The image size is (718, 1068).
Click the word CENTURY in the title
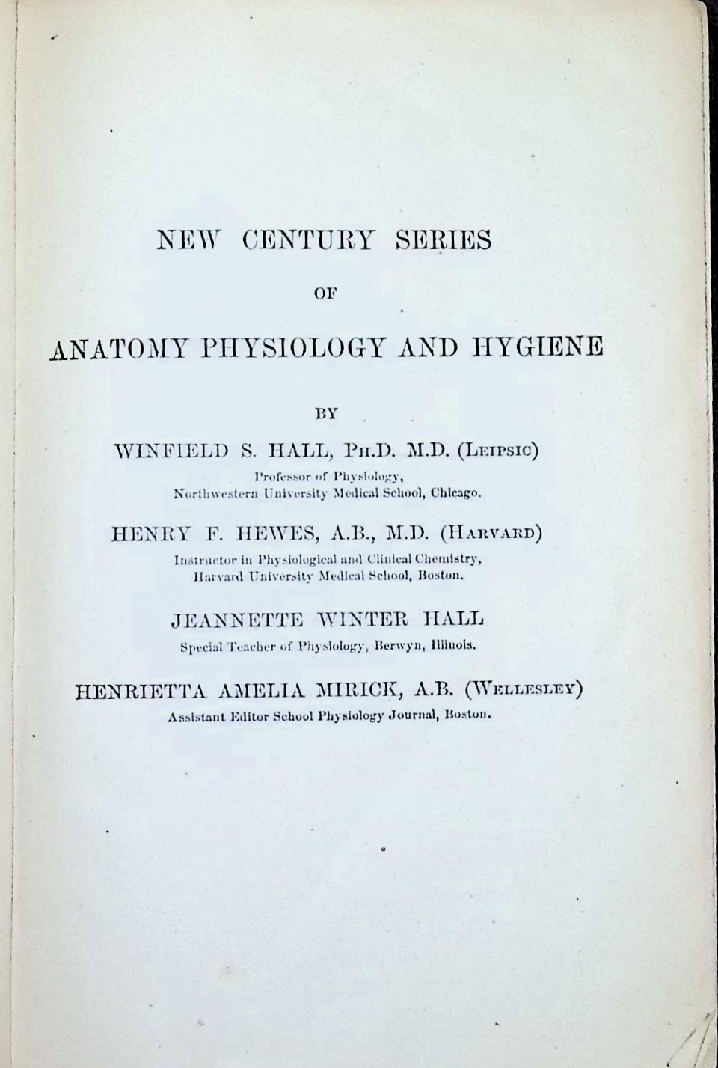tap(307, 239)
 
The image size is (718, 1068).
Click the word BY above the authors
tap(327, 412)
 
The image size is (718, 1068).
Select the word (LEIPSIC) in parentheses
tap(498, 451)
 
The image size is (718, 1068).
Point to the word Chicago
tap(456, 493)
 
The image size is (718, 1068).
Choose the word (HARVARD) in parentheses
tap(491, 534)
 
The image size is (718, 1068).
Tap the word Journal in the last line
tap(414, 715)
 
